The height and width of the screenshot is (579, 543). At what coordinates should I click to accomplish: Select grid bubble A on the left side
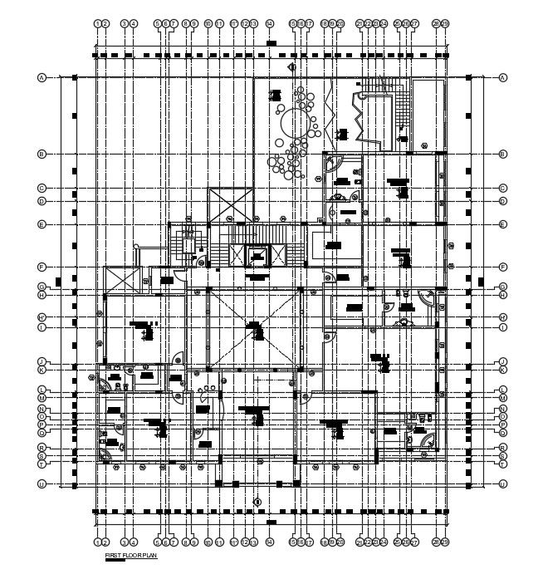pos(41,77)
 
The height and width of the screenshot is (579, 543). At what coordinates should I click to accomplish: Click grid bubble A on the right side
pos(503,77)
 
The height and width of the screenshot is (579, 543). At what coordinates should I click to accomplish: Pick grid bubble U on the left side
pos(41,483)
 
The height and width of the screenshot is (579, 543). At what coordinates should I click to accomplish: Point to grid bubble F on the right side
pos(503,267)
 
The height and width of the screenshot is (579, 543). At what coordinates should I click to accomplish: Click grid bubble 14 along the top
pos(271,23)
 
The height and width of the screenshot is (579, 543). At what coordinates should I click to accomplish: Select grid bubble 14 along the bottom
pos(271,542)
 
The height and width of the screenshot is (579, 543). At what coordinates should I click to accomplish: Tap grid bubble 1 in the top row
pos(97,23)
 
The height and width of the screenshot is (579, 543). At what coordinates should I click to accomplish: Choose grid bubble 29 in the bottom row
pos(446,542)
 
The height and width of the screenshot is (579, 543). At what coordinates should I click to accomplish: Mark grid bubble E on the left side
pos(41,224)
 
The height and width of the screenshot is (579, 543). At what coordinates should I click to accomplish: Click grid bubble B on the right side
pos(503,154)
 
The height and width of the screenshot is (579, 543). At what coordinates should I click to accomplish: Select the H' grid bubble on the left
pos(41,317)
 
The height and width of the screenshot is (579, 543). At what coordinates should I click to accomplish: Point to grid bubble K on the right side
pos(503,369)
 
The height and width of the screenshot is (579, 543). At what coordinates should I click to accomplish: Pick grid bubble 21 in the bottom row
pos(360,542)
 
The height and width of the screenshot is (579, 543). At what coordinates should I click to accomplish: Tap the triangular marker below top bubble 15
pos(291,66)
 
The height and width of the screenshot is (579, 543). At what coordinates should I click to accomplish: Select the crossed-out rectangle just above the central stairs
pos(230,204)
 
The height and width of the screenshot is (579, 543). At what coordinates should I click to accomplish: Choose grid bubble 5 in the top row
pos(157,23)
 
